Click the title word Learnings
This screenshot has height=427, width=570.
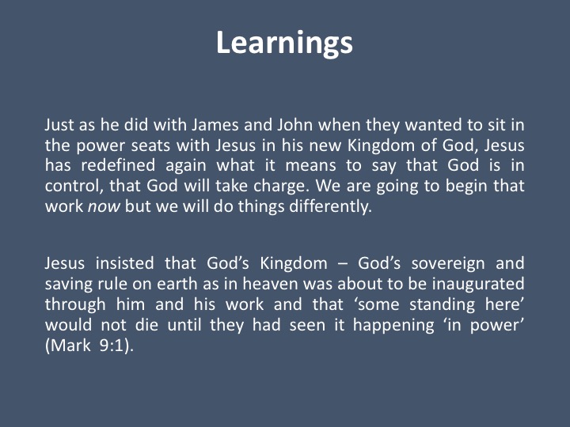[284, 43]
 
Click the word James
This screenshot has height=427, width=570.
[215, 125]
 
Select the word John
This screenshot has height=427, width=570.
[294, 125]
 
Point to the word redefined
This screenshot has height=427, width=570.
[118, 165]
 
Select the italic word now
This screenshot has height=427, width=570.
[104, 207]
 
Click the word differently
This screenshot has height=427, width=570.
[330, 207]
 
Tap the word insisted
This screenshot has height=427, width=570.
[125, 263]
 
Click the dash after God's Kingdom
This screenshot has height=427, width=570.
[343, 264]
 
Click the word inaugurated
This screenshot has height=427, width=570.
[478, 285]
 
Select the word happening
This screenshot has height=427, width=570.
[393, 325]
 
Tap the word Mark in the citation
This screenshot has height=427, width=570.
[70, 345]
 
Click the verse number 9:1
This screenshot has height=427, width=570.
[112, 345]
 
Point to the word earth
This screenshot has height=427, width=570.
[177, 284]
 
